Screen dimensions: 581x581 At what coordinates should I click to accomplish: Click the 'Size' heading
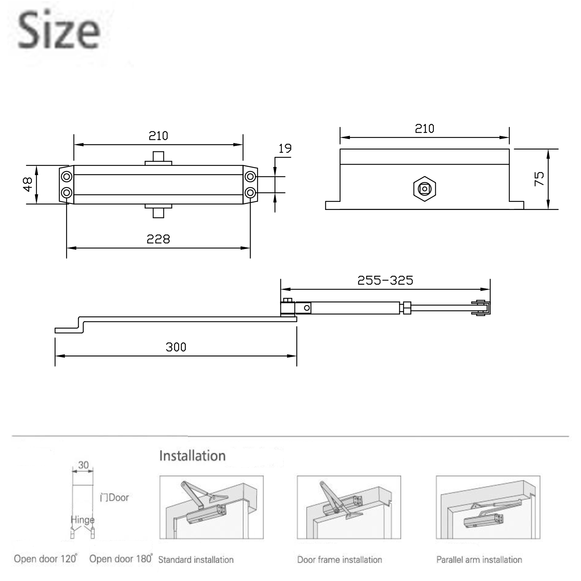pyautogui.click(x=59, y=31)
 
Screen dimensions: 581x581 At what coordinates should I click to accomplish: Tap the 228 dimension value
pyautogui.click(x=158, y=239)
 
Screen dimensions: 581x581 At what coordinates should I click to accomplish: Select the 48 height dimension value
pyautogui.click(x=28, y=184)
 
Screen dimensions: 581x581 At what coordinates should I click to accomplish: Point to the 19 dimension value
pyautogui.click(x=285, y=148)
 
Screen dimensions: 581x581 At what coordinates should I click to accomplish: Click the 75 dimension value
pyautogui.click(x=539, y=179)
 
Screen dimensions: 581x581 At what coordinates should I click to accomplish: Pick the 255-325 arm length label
pyautogui.click(x=385, y=280)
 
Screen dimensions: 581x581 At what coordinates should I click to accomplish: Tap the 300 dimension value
pyautogui.click(x=176, y=347)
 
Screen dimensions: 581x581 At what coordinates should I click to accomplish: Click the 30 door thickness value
pyautogui.click(x=83, y=465)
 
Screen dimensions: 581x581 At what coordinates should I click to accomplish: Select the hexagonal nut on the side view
pyautogui.click(x=425, y=189)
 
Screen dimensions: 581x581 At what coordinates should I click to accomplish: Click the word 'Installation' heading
pyautogui.click(x=193, y=456)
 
